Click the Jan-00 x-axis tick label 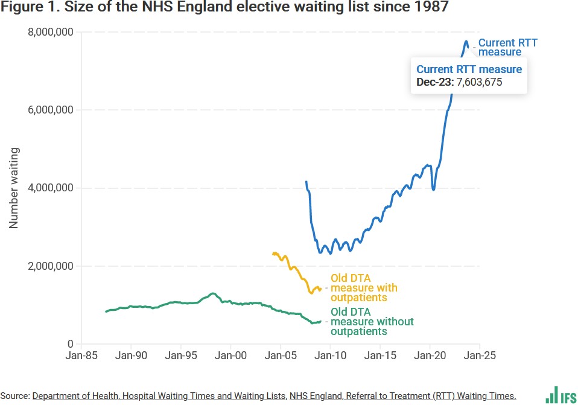point(231,356)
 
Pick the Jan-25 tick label point(480,356)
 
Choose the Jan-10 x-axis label point(331,356)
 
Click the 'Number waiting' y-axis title point(14,188)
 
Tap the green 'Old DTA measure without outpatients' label point(372,322)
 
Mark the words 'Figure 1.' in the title point(28,8)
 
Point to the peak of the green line point(212,293)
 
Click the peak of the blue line point(466,42)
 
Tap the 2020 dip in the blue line point(434,189)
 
